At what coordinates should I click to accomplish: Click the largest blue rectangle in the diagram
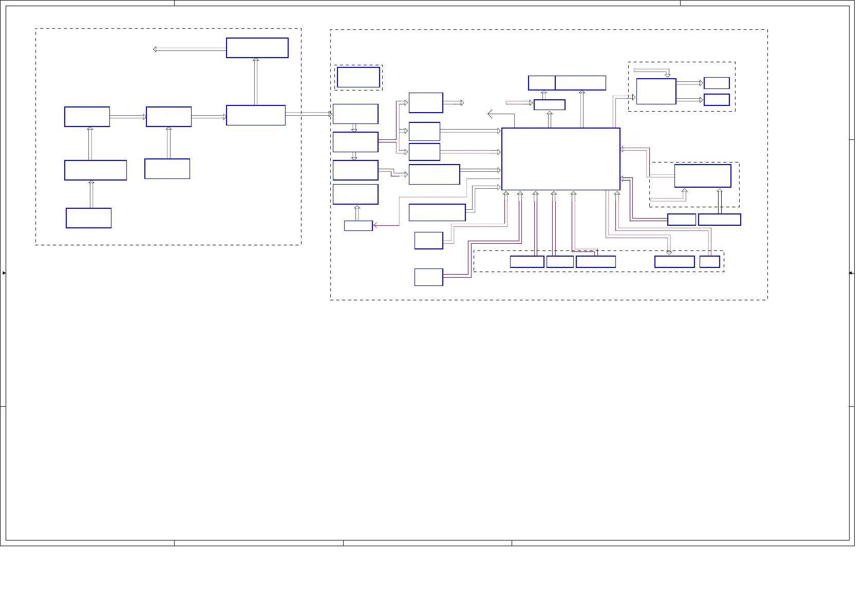click(x=560, y=159)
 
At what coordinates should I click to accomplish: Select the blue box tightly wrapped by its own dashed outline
click(x=359, y=78)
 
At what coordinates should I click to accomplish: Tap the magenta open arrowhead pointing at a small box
click(x=375, y=225)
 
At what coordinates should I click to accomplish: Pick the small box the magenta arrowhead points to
click(x=358, y=226)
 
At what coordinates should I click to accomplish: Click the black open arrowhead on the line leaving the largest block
click(x=490, y=114)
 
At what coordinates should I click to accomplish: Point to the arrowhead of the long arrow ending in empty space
click(x=155, y=49)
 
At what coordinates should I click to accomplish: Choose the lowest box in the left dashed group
click(x=88, y=218)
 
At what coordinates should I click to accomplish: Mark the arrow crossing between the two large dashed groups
click(x=308, y=114)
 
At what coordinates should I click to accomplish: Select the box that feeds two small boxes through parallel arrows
click(x=656, y=92)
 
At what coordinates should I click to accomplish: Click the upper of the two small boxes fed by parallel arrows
click(x=717, y=83)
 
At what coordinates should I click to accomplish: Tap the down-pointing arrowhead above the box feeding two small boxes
click(x=668, y=75)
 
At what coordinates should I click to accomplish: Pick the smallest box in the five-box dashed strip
click(x=709, y=262)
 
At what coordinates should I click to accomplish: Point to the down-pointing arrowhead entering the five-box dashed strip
click(x=669, y=253)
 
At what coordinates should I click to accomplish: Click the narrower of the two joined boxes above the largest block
click(x=541, y=83)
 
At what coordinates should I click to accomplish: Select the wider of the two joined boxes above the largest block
click(x=580, y=83)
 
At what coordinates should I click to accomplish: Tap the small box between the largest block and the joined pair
click(x=549, y=105)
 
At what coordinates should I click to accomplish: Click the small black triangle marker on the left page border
click(x=4, y=273)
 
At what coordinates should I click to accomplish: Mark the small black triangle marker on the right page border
click(x=851, y=273)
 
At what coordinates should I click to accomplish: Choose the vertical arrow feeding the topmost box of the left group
click(x=256, y=81)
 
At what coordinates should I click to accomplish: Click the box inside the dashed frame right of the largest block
click(x=702, y=176)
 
